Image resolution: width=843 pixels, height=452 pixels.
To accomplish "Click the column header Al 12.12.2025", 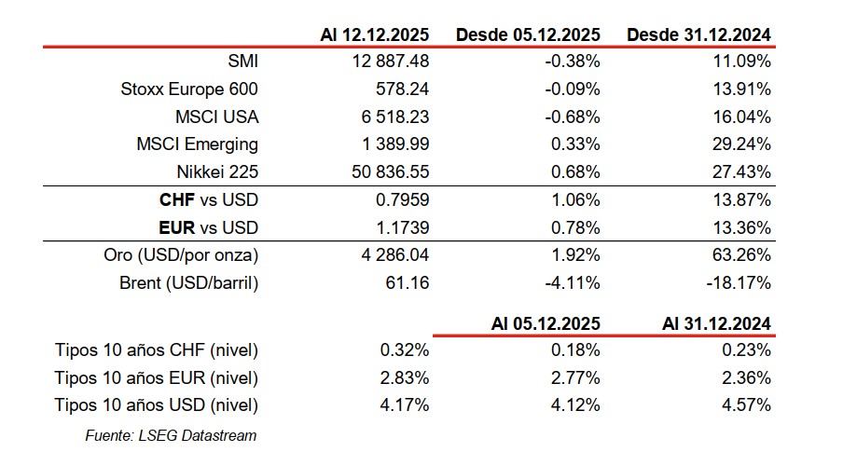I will tap(373, 34).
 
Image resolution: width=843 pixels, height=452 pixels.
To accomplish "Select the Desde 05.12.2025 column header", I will tap(528, 34).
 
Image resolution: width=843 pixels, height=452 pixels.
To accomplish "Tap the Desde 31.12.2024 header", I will tap(698, 34).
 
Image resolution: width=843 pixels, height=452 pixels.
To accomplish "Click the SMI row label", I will tap(242, 62).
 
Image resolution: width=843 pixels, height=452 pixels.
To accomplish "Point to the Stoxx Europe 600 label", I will tap(189, 89).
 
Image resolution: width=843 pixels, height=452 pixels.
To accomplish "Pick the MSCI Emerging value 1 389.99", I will tap(392, 144).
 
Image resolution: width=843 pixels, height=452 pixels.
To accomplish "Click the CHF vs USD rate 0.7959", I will tap(402, 200).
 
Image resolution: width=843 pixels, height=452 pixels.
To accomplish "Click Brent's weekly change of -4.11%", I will tap(572, 282).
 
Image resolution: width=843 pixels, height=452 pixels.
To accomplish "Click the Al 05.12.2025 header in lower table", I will tap(546, 323).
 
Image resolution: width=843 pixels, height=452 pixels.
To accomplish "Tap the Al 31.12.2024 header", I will tap(716, 323).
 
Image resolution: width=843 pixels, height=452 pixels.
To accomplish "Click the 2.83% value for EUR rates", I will tap(406, 377).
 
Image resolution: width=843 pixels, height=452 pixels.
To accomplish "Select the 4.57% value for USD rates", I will tap(747, 405).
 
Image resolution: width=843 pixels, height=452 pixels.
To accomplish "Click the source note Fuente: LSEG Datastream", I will tap(170, 434).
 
